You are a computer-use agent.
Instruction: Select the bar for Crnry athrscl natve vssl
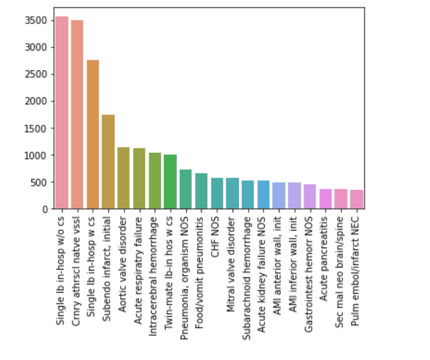coord(77,114)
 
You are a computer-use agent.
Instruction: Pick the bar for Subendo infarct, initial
coord(108,161)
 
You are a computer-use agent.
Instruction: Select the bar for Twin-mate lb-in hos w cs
coord(170,182)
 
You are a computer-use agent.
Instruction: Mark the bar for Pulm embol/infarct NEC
coord(356,199)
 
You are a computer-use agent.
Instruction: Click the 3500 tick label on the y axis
coord(38,20)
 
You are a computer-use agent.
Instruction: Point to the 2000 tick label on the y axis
coord(38,101)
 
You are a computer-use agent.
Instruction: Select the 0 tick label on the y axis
coord(46,209)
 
